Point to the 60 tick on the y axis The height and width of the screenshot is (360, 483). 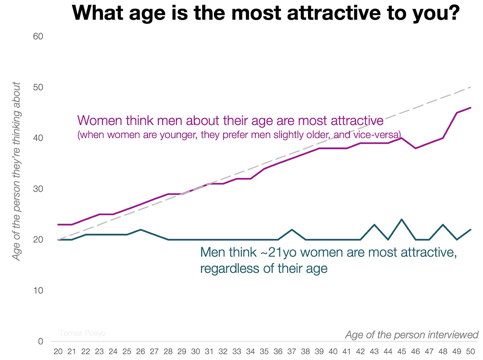tap(38, 36)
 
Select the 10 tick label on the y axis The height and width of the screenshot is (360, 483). tap(38, 290)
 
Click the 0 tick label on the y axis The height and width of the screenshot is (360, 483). tap(40, 341)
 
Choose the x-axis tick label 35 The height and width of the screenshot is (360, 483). tap(264, 351)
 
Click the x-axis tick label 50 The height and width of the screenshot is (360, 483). tap(470, 351)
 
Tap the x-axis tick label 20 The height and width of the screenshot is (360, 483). tap(58, 351)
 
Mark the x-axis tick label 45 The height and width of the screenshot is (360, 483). tap(401, 351)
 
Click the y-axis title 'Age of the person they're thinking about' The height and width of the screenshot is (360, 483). tap(16, 171)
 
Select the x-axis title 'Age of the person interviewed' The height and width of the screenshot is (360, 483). tap(411, 335)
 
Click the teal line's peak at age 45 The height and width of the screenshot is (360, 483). tap(401, 219)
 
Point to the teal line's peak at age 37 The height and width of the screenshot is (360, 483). tap(291, 229)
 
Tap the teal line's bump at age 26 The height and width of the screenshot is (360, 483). tap(141, 229)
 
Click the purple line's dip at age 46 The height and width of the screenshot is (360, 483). tap(415, 148)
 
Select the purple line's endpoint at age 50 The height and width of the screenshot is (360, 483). tap(470, 108)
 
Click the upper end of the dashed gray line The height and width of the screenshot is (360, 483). tap(470, 87)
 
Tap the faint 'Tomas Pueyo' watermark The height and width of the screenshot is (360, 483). tap(82, 333)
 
